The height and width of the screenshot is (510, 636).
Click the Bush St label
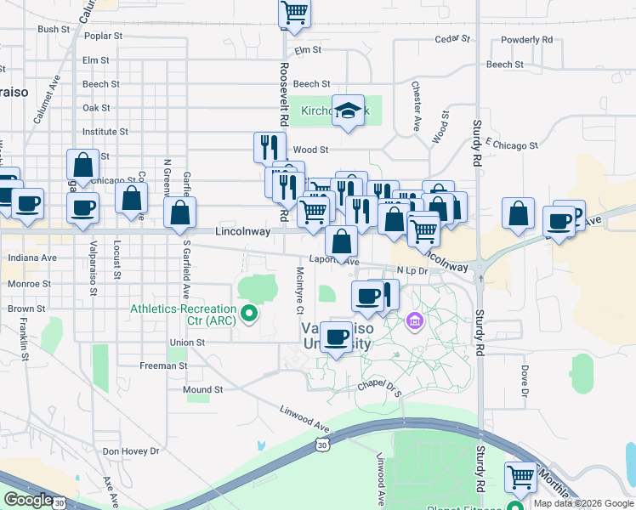click(54, 29)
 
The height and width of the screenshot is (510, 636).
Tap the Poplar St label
click(104, 37)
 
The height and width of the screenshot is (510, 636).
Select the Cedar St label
click(452, 39)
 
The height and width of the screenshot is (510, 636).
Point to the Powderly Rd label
click(527, 39)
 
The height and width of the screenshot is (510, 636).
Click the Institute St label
click(105, 132)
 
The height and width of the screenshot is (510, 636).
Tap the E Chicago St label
click(513, 145)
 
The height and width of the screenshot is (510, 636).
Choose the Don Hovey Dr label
click(131, 451)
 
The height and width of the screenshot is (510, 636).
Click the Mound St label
click(202, 390)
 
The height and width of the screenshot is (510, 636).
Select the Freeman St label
click(163, 365)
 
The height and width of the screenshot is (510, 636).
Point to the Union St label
click(188, 343)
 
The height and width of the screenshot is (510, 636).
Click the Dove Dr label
click(525, 381)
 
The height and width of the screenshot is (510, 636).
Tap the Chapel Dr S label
click(378, 386)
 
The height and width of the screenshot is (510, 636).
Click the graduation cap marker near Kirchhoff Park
click(348, 110)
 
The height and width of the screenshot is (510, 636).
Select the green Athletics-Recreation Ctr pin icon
click(249, 314)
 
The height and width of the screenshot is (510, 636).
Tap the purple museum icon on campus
click(415, 320)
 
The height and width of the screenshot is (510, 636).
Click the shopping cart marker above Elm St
click(294, 13)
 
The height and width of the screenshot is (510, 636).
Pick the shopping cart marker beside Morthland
click(520, 476)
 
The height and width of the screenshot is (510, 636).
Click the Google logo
click(29, 500)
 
